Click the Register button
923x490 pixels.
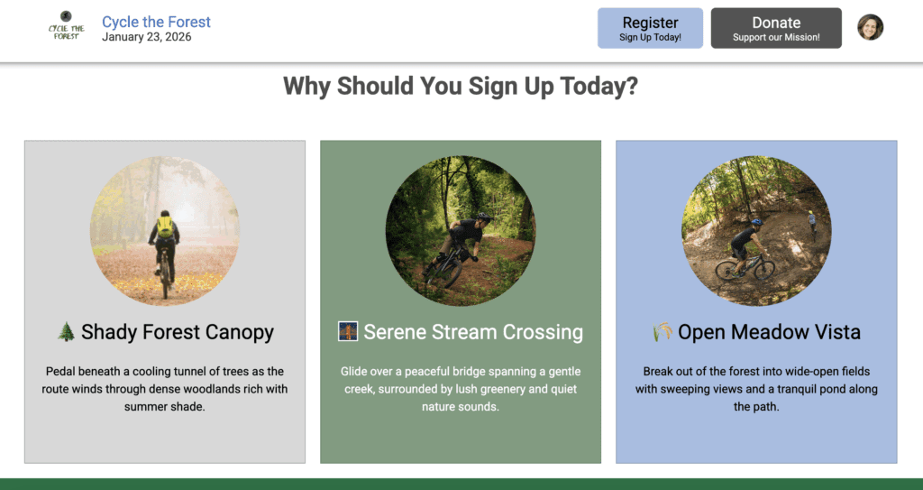(650, 28)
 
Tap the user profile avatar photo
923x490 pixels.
(870, 27)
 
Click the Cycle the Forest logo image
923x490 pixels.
(66, 26)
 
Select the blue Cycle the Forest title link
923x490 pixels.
(156, 22)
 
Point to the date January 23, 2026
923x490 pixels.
(147, 37)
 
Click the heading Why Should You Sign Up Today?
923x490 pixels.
(461, 86)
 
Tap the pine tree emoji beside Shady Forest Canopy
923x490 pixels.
(66, 331)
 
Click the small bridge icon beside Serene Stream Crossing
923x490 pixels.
(348, 331)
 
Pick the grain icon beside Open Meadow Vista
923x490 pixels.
(663, 331)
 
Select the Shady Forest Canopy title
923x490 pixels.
(178, 332)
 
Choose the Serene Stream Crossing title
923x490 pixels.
(473, 332)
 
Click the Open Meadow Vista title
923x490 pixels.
(769, 332)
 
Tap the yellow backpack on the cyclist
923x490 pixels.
(166, 227)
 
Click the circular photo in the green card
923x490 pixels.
(461, 230)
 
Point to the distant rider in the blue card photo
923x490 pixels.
(812, 222)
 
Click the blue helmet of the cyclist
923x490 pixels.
(757, 222)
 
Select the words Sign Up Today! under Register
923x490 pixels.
(650, 37)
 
